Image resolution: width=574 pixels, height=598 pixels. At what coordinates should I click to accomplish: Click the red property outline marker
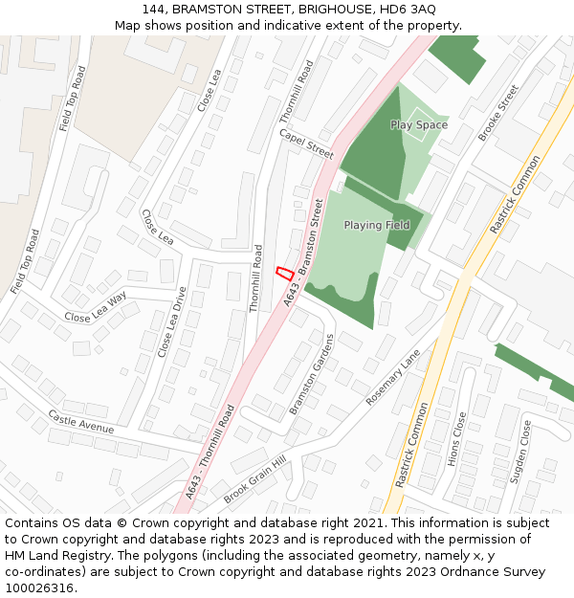tap(284, 273)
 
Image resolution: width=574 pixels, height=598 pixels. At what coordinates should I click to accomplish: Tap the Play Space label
tap(419, 125)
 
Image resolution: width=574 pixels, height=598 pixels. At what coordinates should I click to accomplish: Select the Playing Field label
tap(377, 225)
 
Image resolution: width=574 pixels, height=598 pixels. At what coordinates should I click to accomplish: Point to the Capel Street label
tap(306, 144)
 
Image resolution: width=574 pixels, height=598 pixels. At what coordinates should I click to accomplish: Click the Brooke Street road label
tap(497, 113)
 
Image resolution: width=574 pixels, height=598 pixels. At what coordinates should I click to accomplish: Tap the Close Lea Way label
tap(96, 307)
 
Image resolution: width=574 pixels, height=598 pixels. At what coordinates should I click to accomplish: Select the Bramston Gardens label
tap(313, 373)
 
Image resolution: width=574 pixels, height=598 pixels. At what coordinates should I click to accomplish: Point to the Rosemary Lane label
tap(392, 376)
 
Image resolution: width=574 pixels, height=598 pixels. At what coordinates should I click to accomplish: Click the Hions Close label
tap(456, 439)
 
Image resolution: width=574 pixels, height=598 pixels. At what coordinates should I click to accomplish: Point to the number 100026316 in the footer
tap(39, 588)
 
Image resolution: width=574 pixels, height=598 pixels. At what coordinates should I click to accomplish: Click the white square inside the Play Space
tap(414, 129)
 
